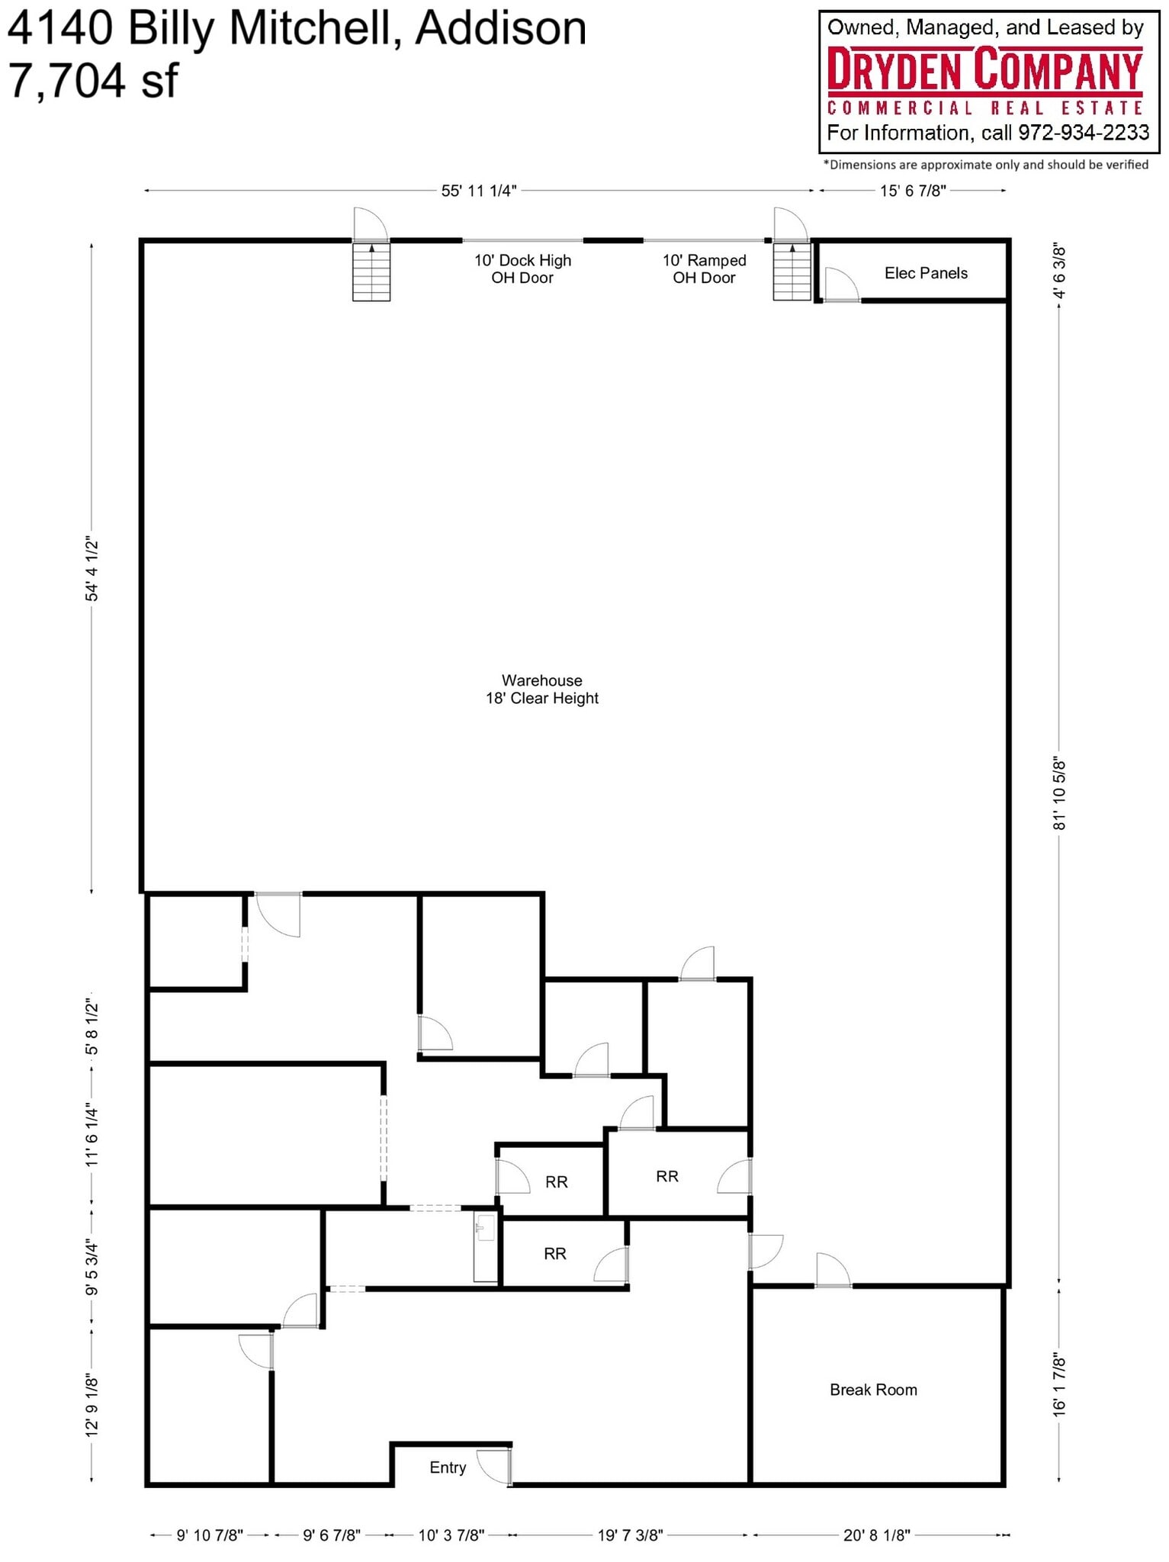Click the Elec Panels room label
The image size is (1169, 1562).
925,273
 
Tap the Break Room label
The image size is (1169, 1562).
873,1390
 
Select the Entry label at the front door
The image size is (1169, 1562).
448,1467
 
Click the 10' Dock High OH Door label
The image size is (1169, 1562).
522,269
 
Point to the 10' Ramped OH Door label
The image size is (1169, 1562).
704,269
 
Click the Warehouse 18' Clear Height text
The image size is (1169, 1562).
542,689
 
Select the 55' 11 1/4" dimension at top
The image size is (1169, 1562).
479,191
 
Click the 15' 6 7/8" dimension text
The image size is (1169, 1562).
913,191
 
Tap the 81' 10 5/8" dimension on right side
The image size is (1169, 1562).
1059,793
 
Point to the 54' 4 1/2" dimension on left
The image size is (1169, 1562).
92,568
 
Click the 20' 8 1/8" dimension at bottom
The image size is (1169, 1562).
876,1535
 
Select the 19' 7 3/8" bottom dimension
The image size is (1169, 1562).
630,1535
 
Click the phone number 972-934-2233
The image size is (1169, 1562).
1084,133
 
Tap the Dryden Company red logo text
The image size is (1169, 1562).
984,69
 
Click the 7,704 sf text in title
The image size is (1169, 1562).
93,80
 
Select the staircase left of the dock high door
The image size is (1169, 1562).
371,272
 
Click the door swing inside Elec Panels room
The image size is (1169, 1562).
840,284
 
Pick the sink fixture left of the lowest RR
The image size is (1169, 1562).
484,1228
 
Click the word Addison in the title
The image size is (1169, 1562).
501,28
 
